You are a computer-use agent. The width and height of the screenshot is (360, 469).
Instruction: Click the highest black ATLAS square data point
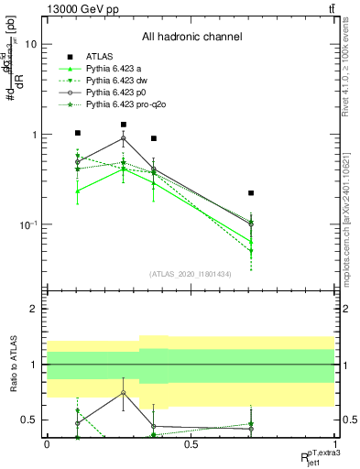[x=123, y=125]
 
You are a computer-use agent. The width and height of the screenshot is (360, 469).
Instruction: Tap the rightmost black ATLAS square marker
[x=251, y=193]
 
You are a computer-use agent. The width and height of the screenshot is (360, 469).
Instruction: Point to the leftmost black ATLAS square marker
[x=78, y=133]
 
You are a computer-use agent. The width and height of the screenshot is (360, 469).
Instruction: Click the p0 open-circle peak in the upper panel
[x=123, y=138]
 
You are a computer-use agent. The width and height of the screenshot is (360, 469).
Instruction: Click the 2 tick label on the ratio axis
[x=32, y=309]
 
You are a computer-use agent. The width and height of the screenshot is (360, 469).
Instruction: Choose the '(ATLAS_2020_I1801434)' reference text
[x=191, y=274]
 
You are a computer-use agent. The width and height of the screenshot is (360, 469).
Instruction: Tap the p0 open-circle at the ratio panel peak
[x=123, y=393]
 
